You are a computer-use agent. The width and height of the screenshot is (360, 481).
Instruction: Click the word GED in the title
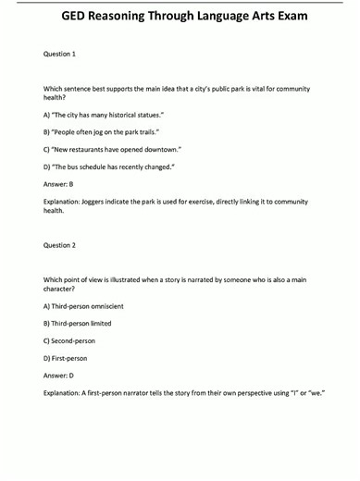[77, 16]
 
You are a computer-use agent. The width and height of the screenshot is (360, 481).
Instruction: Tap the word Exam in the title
[298, 16]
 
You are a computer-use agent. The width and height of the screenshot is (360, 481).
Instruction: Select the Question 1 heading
[60, 55]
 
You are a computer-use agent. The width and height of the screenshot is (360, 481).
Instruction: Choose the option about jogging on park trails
[101, 132]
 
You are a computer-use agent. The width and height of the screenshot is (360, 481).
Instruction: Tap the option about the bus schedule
[109, 166]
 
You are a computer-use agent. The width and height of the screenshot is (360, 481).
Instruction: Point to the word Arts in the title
[260, 16]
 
